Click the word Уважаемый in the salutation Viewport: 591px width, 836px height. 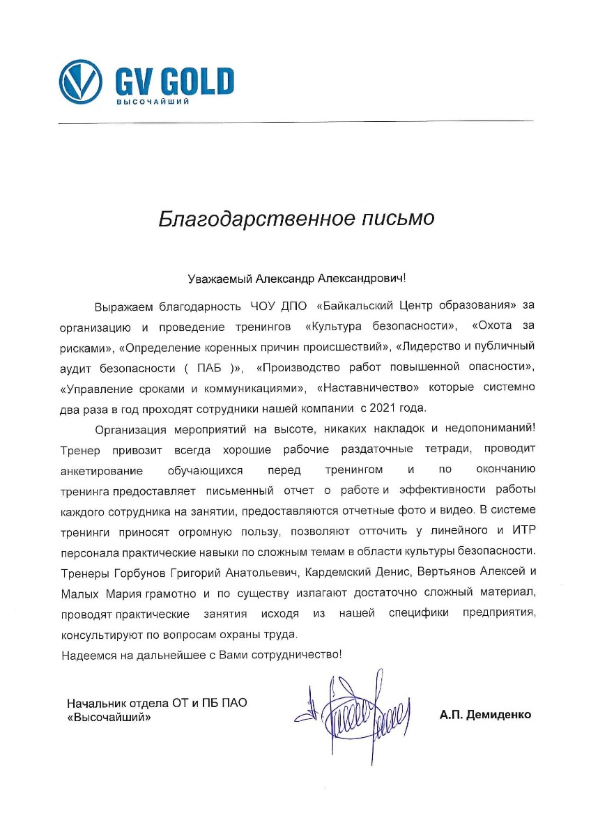(x=220, y=279)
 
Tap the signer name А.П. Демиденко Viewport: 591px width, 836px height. (x=485, y=714)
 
